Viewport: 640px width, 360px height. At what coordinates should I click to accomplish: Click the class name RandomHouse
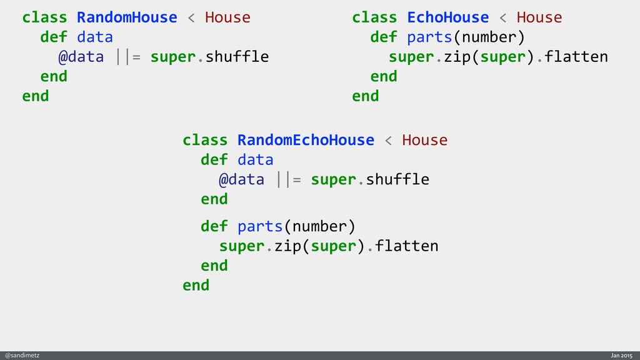[x=127, y=17]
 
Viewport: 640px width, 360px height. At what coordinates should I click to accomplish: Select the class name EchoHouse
[x=447, y=17]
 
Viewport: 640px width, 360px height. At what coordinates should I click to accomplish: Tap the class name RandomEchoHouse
[x=306, y=140]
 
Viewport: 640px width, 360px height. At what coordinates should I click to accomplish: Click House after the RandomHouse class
[x=227, y=17]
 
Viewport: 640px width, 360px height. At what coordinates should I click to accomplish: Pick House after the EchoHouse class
[x=539, y=17]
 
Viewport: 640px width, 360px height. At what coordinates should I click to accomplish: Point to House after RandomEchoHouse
[x=424, y=140]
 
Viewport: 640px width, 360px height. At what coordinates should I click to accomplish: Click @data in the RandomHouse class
[x=81, y=57]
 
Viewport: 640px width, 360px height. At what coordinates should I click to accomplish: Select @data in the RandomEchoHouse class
[x=241, y=180]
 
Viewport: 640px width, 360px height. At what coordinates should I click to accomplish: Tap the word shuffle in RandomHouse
[x=237, y=57]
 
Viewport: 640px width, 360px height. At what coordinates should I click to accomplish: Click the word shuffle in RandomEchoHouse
[x=397, y=180]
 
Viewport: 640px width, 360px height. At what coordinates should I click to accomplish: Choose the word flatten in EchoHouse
[x=576, y=57]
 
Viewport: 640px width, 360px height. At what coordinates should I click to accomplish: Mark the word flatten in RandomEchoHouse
[x=407, y=246]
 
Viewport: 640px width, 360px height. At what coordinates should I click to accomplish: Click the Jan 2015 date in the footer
[x=622, y=355]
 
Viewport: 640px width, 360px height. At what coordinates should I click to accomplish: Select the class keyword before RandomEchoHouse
[x=205, y=140]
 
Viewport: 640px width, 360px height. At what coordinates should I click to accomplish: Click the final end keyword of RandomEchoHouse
[x=196, y=286]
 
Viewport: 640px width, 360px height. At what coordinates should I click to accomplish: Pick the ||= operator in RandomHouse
[x=127, y=57]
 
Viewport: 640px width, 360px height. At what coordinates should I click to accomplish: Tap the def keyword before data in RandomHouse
[x=54, y=37]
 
